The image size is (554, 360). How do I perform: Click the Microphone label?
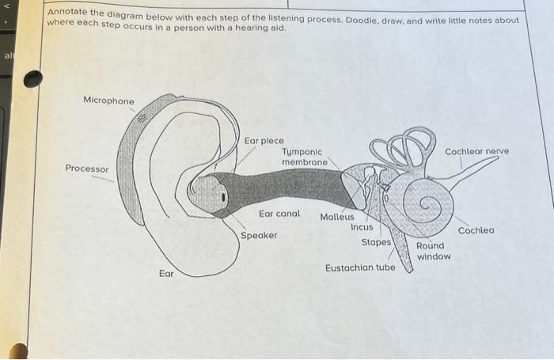109,101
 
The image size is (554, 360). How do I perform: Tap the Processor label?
87,169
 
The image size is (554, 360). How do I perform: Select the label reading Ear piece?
264,141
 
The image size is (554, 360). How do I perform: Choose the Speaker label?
260,236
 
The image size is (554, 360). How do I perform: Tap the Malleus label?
338,217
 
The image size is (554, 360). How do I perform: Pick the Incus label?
362,227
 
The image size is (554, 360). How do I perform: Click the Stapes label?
376,241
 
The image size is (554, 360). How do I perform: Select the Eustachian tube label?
360,268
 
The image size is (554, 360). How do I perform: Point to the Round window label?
434,251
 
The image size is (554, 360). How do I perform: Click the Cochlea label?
476,230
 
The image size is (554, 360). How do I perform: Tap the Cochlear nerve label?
476,150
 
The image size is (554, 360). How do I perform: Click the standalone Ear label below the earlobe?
166,274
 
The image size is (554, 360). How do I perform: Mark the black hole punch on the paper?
32,79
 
